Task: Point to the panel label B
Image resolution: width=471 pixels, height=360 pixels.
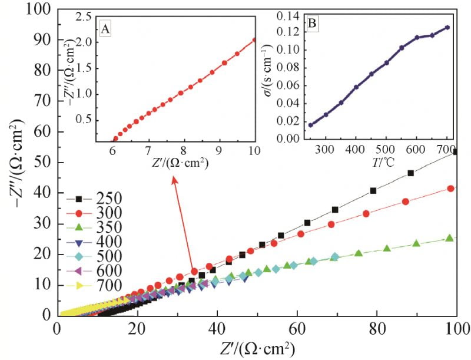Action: tap(313, 24)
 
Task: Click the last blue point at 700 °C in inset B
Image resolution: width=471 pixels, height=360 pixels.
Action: tap(447, 27)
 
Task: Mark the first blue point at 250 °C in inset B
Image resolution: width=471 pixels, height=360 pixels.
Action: tap(311, 125)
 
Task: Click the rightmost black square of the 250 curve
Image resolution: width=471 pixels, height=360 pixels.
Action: tap(456, 152)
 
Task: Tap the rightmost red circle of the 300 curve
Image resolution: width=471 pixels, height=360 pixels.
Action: tap(451, 189)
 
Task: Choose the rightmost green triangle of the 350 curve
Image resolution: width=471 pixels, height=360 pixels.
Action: tap(449, 238)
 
